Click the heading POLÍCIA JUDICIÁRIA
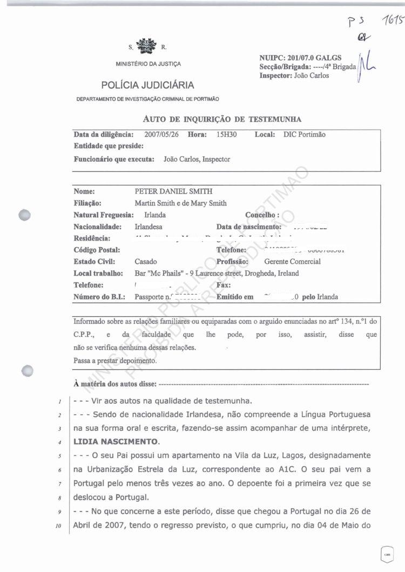point(147,85)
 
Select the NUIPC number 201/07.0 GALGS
point(314,58)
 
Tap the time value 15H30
point(221,135)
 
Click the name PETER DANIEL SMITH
point(173,191)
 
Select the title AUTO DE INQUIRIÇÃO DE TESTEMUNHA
point(222,119)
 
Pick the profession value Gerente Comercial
point(292,262)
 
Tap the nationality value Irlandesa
point(148,227)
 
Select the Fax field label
point(224,285)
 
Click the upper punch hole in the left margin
point(24,214)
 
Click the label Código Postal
point(96,250)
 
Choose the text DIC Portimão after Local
point(305,135)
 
